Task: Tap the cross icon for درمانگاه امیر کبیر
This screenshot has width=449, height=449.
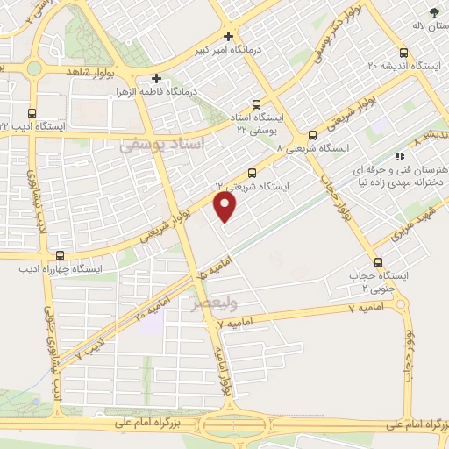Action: (x=229, y=37)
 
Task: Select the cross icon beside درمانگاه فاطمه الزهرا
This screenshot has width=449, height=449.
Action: (x=157, y=77)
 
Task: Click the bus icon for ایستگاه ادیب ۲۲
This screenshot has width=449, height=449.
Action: (x=32, y=113)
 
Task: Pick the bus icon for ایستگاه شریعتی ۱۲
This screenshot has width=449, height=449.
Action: (x=253, y=173)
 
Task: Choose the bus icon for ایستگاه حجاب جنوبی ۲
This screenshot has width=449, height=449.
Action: (x=378, y=261)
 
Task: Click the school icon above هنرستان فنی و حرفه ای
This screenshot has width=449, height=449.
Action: (x=400, y=155)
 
